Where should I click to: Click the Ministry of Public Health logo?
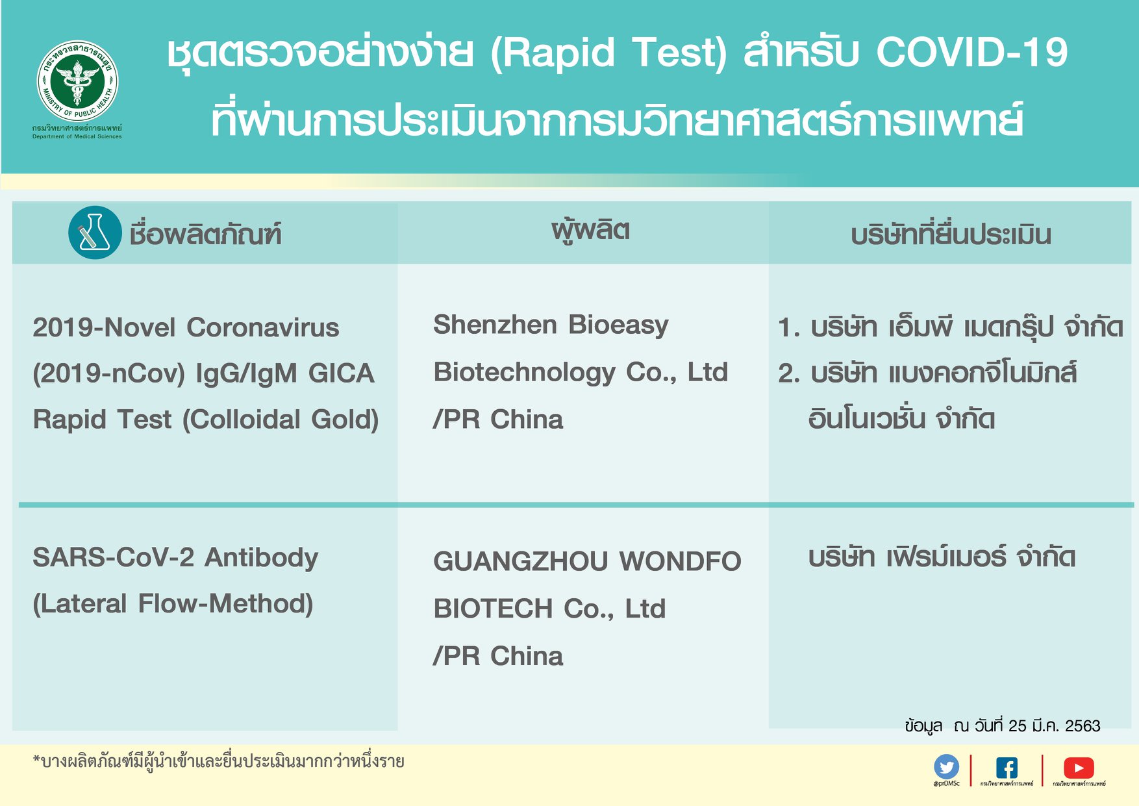coord(77,81)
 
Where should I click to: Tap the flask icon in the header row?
coord(95,233)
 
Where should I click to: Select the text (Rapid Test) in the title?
coord(608,53)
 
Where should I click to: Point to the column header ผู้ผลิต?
coord(590,231)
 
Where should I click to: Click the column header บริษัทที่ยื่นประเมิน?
coord(951,234)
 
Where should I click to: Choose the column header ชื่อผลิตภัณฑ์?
coord(205,234)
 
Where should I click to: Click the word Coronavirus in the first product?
coord(263,327)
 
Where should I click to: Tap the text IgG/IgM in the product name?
coord(246,373)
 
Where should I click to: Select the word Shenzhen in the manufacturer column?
coord(495,325)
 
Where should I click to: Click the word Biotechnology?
coord(524,372)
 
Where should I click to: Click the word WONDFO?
coord(680,561)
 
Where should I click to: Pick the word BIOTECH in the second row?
coord(493,609)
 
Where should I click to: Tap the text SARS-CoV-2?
coord(113,557)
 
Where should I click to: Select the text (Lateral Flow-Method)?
coord(173,604)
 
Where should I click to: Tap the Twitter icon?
coord(946,767)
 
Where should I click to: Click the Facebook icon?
coord(1007,768)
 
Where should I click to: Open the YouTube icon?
coord(1079,768)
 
